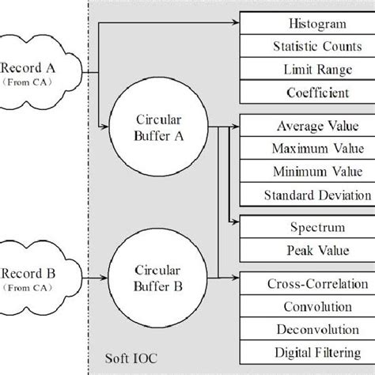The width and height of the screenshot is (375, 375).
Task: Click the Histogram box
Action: [306, 25]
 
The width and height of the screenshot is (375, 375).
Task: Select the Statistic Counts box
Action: [306, 47]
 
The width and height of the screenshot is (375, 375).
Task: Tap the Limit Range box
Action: [306, 70]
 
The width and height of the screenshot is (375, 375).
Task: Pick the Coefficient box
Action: [306, 93]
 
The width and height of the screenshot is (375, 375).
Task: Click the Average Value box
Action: [306, 126]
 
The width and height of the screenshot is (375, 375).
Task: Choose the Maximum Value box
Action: [306, 149]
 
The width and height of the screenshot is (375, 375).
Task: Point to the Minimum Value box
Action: [306, 172]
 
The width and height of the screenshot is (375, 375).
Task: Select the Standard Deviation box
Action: [306, 195]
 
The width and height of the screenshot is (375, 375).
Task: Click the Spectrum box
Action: [306, 227]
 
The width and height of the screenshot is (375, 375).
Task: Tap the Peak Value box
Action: [306, 250]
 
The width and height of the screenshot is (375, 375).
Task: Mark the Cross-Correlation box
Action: [306, 283]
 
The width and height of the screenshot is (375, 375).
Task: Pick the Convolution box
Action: [306, 306]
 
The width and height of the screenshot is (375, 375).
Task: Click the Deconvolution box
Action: [306, 329]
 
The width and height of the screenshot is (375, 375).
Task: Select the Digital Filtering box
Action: [306, 352]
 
